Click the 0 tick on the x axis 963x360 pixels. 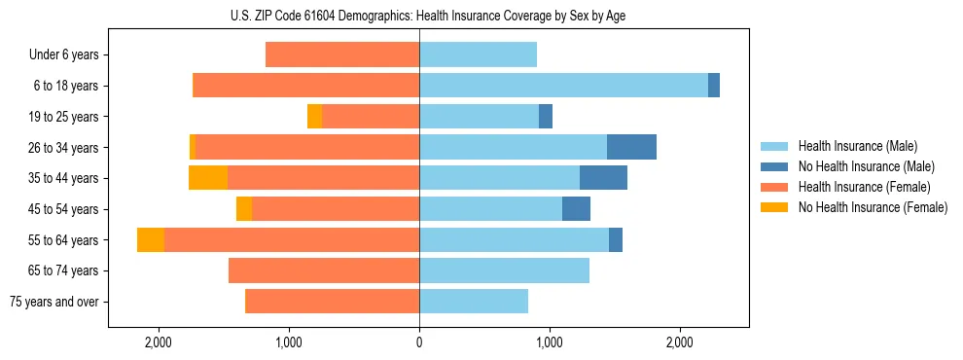419,342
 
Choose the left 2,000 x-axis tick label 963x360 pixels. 158,342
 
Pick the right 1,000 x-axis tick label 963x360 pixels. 550,342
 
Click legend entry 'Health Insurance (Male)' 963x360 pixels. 857,146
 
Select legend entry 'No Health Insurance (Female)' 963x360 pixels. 873,207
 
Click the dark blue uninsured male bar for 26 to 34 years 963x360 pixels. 631,147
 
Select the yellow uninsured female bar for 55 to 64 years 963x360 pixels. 151,239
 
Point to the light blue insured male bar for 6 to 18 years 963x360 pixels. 563,86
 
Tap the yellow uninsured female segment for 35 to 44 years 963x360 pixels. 208,178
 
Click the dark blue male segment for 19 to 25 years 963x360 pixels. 546,117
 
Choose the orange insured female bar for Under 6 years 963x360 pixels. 342,54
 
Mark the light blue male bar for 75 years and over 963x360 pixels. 474,302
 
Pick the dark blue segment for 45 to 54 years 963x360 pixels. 576,209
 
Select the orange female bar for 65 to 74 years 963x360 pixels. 324,270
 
